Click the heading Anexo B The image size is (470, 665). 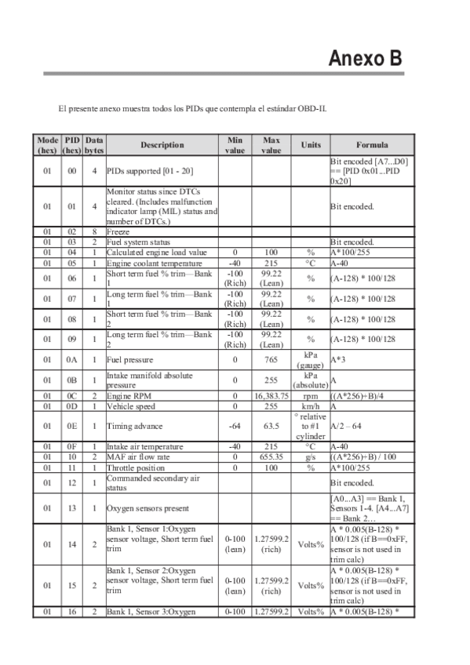(366, 59)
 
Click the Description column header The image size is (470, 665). (162, 145)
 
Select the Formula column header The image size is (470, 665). (371, 145)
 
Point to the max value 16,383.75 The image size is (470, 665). (271, 397)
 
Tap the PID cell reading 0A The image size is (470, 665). (72, 360)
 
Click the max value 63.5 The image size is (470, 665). (271, 426)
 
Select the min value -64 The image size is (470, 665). (235, 426)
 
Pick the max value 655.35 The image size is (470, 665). (271, 456)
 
